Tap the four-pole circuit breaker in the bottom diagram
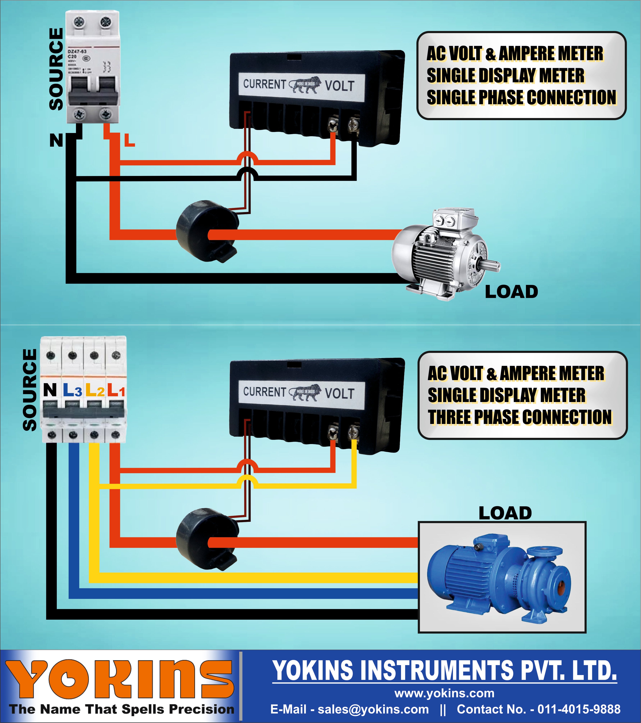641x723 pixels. click(83, 389)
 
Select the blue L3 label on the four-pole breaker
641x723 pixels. click(72, 390)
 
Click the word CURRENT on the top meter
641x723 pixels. click(264, 84)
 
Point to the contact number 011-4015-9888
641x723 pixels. click(579, 709)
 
